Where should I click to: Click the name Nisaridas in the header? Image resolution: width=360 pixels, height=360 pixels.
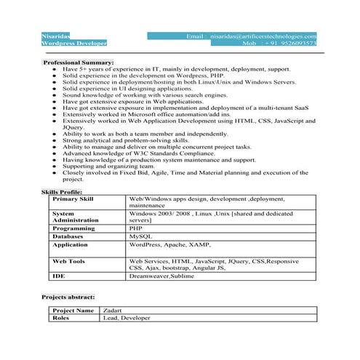57,36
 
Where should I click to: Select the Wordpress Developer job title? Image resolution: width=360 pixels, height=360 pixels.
75,44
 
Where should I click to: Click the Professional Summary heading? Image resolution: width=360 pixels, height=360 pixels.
79,63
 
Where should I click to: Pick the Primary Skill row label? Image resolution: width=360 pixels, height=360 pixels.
73,199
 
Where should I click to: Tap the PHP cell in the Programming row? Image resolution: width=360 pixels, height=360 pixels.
136,228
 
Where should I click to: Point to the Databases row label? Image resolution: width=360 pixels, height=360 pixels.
68,236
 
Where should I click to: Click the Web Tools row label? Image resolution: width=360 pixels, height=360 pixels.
69,261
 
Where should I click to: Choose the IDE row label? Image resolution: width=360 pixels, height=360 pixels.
58,276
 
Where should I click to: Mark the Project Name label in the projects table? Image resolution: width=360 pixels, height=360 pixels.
73,311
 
